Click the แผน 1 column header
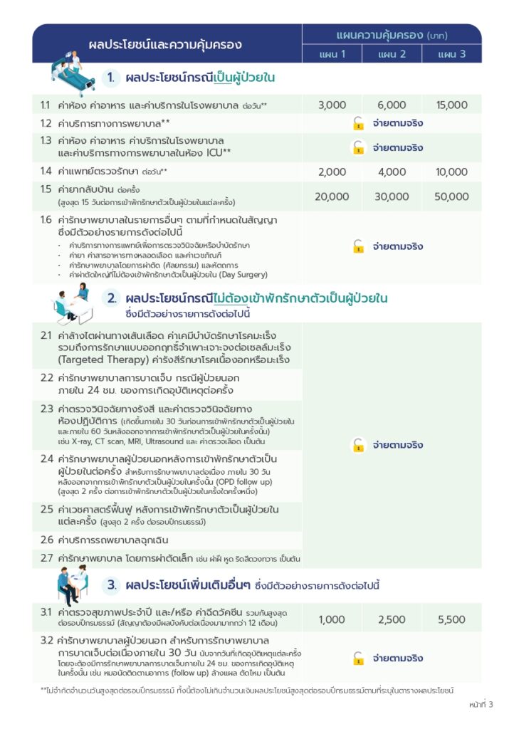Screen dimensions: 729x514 332,54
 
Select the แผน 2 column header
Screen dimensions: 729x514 392,54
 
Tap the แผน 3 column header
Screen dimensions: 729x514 452,54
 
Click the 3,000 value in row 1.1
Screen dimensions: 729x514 332,105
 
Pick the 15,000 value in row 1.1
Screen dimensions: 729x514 452,105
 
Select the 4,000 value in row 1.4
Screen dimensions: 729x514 392,172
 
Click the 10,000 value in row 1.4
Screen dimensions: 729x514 452,172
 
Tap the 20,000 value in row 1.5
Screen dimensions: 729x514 332,196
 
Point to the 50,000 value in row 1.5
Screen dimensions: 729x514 452,196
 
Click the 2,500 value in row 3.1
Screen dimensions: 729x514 392,619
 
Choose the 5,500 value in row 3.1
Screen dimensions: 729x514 452,619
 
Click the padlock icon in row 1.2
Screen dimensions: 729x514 358,124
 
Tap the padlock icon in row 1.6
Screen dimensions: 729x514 358,246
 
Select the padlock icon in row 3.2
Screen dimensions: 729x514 358,659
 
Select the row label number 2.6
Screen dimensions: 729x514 46,540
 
